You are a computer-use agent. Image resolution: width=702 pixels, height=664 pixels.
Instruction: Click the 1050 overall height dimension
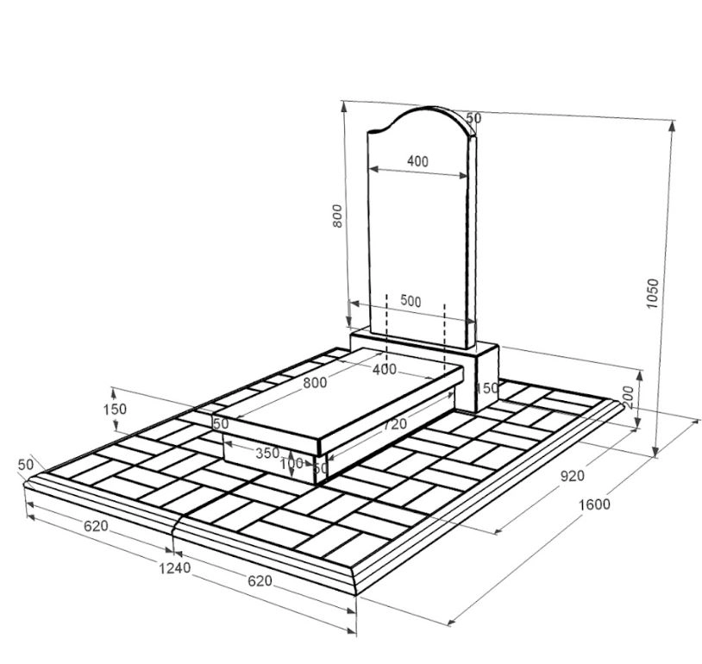[653, 293]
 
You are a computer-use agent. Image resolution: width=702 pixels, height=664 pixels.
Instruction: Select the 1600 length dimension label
[594, 504]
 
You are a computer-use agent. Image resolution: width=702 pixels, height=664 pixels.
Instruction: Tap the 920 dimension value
[573, 476]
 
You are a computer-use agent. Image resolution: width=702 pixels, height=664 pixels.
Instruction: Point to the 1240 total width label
[175, 568]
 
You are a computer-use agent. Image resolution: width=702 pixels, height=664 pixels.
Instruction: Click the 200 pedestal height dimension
[629, 398]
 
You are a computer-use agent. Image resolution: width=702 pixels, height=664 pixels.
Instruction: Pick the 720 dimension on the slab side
[394, 423]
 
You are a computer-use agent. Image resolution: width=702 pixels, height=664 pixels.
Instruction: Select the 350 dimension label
[267, 453]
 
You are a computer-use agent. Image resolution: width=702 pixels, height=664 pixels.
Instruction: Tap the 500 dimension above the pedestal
[411, 301]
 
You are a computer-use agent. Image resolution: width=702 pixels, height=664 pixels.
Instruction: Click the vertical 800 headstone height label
[337, 216]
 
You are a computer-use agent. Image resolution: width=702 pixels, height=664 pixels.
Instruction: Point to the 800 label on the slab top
[315, 383]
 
